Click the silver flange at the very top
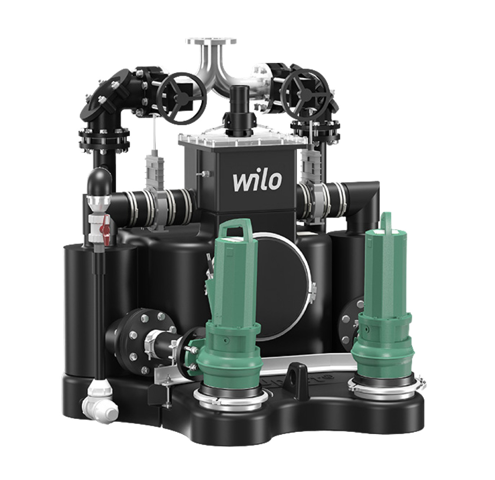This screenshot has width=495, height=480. coord(211,42)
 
